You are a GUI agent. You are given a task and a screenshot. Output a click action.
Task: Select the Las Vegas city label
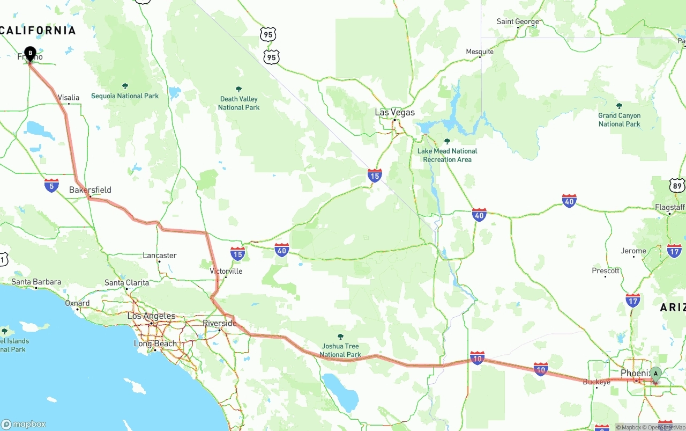click(x=394, y=113)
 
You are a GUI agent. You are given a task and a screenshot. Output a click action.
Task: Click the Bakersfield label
click(x=90, y=190)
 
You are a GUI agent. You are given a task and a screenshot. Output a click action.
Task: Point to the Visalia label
click(x=69, y=98)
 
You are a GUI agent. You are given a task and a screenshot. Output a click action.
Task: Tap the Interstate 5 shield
click(x=52, y=185)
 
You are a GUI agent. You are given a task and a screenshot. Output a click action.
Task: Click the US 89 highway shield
click(x=677, y=186)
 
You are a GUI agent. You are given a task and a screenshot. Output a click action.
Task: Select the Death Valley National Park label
click(x=238, y=103)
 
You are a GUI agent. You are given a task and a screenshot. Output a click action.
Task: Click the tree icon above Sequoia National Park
click(x=125, y=86)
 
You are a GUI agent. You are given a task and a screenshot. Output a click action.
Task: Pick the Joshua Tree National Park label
click(x=340, y=350)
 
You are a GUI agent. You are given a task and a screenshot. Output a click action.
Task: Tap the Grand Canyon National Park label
click(x=619, y=120)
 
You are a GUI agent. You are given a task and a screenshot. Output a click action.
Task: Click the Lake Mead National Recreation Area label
click(x=447, y=155)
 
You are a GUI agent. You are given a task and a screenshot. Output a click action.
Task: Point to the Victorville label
click(x=226, y=271)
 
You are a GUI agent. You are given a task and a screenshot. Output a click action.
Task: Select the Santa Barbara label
click(x=36, y=282)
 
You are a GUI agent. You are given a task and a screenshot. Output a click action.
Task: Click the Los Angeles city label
click(x=151, y=316)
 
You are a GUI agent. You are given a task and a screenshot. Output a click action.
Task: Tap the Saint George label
click(x=518, y=21)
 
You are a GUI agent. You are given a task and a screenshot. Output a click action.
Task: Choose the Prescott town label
click(x=606, y=271)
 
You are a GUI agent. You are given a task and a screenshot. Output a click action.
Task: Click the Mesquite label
click(x=480, y=52)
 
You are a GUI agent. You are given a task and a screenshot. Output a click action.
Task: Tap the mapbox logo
click(x=24, y=424)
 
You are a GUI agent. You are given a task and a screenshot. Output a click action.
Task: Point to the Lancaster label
click(x=159, y=255)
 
